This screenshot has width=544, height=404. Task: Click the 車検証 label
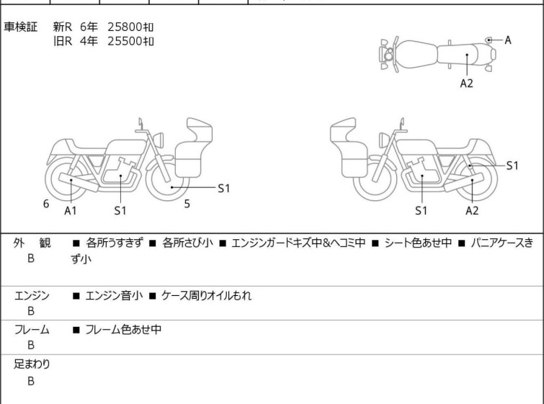pyautogui.click(x=20, y=27)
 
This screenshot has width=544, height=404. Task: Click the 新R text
pyautogui.click(x=63, y=27)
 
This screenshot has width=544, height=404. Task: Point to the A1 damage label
pyautogui.click(x=71, y=210)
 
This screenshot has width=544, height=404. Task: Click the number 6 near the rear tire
pyautogui.click(x=46, y=204)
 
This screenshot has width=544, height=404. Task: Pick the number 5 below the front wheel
pyautogui.click(x=187, y=204)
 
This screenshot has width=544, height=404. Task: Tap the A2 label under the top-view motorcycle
pyautogui.click(x=467, y=84)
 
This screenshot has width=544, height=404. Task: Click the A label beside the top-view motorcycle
pyautogui.click(x=508, y=40)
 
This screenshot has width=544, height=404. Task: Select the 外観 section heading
pyautogui.click(x=32, y=243)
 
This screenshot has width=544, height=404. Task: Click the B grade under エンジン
pyautogui.click(x=31, y=310)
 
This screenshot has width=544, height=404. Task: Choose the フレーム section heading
pyautogui.click(x=32, y=329)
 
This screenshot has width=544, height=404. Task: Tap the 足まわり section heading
pyautogui.click(x=32, y=364)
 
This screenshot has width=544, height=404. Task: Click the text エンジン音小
pyautogui.click(x=114, y=295)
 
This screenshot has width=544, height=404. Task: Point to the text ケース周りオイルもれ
pyautogui.click(x=206, y=295)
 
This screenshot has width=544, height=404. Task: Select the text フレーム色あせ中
pyautogui.click(x=123, y=329)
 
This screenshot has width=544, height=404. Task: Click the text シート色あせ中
pyautogui.click(x=418, y=243)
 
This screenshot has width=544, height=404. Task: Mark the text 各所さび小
pyautogui.click(x=187, y=243)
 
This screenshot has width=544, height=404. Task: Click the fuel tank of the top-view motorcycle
pyautogui.click(x=416, y=55)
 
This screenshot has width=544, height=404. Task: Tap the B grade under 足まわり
pyautogui.click(x=31, y=381)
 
